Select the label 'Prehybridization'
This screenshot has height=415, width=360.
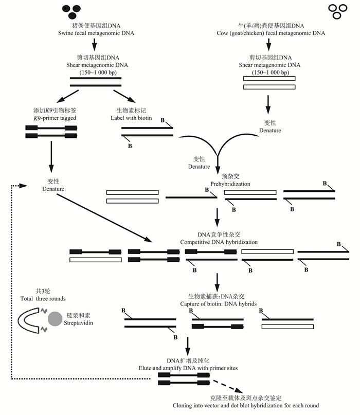pos(217,184)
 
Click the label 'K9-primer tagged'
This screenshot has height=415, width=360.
pos(54,118)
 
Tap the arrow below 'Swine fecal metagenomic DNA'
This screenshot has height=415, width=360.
pos(93,46)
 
